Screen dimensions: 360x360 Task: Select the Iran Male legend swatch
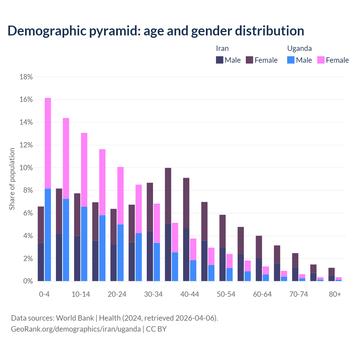click(x=220, y=60)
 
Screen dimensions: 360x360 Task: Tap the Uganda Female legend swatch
click(x=321, y=60)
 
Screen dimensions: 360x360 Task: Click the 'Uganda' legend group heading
click(x=299, y=48)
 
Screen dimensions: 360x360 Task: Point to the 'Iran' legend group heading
click(x=222, y=48)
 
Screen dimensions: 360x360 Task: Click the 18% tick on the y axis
click(x=26, y=77)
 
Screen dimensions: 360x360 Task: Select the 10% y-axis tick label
click(x=26, y=168)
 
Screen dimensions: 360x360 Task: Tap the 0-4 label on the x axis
click(x=44, y=294)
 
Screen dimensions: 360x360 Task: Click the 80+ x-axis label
click(x=335, y=294)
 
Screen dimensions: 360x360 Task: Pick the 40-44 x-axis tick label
click(x=190, y=294)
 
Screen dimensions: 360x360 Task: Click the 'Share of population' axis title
click(x=12, y=179)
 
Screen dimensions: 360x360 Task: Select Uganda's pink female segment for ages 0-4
click(x=48, y=143)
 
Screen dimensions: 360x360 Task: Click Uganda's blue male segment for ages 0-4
click(x=48, y=235)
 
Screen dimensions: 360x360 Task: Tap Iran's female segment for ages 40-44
click(x=186, y=203)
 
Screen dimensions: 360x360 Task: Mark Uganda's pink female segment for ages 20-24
click(x=120, y=195)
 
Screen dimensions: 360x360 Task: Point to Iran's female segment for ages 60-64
click(x=259, y=247)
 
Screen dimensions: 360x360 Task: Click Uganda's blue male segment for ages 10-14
click(x=84, y=244)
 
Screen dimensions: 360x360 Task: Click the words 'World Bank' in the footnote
click(x=75, y=318)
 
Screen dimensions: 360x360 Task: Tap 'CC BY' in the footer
click(x=156, y=329)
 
